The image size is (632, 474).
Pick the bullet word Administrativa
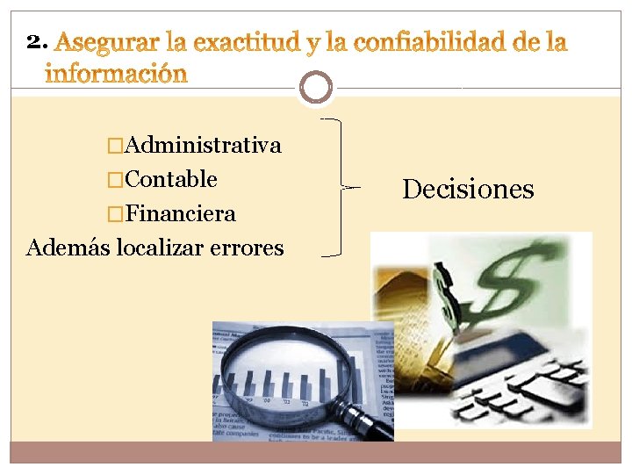204,145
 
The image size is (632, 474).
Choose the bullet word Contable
171,180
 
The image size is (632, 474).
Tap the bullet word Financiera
181,214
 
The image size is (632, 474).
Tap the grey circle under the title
316,88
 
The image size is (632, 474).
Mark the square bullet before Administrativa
111,146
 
